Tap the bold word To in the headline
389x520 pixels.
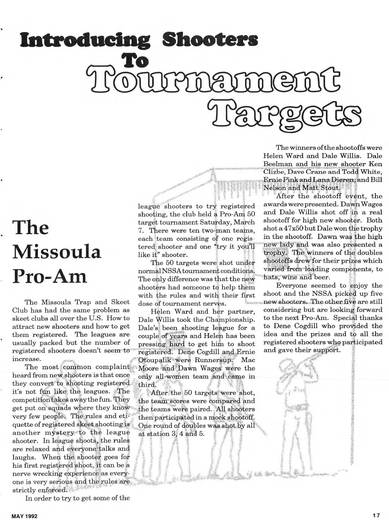(x=134, y=60)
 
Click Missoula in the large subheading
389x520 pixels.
(x=57, y=252)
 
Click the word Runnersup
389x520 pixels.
(x=213, y=360)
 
